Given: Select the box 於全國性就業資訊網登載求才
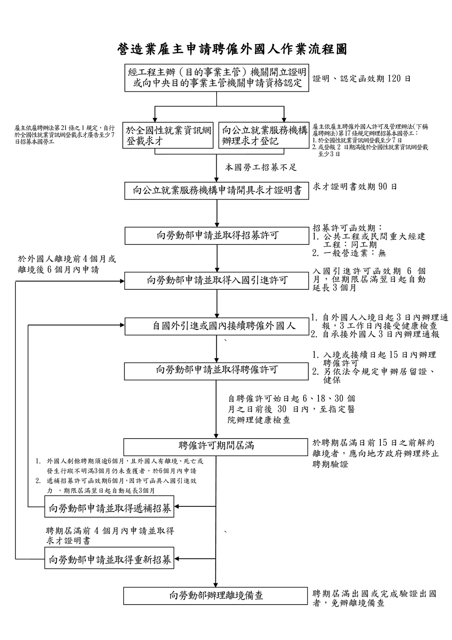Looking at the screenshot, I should pyautogui.click(x=168, y=135).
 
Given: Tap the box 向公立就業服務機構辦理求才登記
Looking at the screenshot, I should pyautogui.click(x=264, y=135).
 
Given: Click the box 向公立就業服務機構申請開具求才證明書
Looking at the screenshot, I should pyautogui.click(x=217, y=191).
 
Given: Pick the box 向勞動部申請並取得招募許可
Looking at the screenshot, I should pyautogui.click(x=217, y=236).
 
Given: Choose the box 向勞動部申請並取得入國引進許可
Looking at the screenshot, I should pyautogui.click(x=217, y=280).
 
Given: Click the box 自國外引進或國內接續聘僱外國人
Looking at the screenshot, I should pyautogui.click(x=217, y=326).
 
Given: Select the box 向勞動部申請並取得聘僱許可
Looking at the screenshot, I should pyautogui.click(x=217, y=370).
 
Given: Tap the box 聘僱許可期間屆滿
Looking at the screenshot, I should pyautogui.click(x=217, y=446).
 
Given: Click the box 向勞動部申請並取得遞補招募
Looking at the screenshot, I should pyautogui.click(x=110, y=508).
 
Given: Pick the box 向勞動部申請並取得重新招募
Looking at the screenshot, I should pyautogui.click(x=110, y=559).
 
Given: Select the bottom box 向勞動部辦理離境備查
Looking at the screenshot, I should pyautogui.click(x=216, y=596).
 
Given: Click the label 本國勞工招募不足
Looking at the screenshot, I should pyautogui.click(x=261, y=168).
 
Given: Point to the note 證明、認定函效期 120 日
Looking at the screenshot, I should pyautogui.click(x=362, y=79).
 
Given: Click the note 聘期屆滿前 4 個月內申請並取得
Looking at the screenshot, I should pyautogui.click(x=110, y=531).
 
